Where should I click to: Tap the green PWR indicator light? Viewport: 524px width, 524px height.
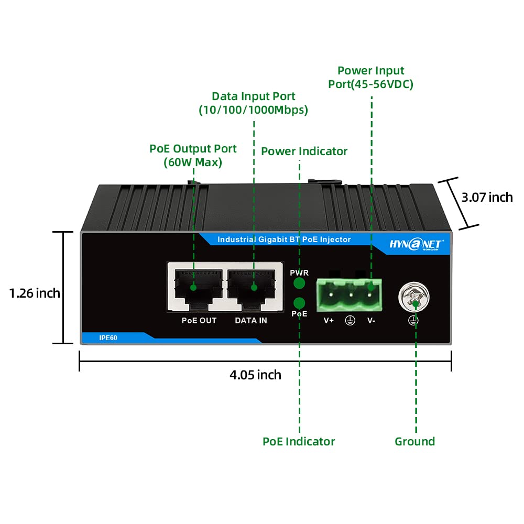click(x=299, y=283)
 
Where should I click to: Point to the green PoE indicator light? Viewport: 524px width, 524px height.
click(x=299, y=303)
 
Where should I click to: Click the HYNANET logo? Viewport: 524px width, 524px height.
click(x=417, y=244)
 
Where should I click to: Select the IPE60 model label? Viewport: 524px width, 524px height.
click(x=108, y=338)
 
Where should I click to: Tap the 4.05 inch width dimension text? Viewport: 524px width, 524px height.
click(x=255, y=375)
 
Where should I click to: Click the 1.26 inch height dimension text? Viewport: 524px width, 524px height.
click(x=35, y=293)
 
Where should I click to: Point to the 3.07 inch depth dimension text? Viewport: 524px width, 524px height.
click(x=487, y=197)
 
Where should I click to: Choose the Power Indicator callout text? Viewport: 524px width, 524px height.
click(x=304, y=151)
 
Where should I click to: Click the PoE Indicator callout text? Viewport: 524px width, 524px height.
click(x=299, y=442)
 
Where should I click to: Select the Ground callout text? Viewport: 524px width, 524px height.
click(x=415, y=442)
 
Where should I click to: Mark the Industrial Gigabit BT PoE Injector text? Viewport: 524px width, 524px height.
click(x=284, y=239)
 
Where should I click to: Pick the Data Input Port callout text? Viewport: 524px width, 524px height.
click(x=253, y=103)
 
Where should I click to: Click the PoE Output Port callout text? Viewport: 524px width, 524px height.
click(x=193, y=156)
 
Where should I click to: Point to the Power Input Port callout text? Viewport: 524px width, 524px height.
click(x=371, y=78)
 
